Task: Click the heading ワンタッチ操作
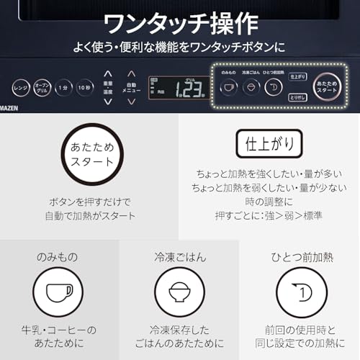(180, 23)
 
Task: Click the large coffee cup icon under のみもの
(60, 293)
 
